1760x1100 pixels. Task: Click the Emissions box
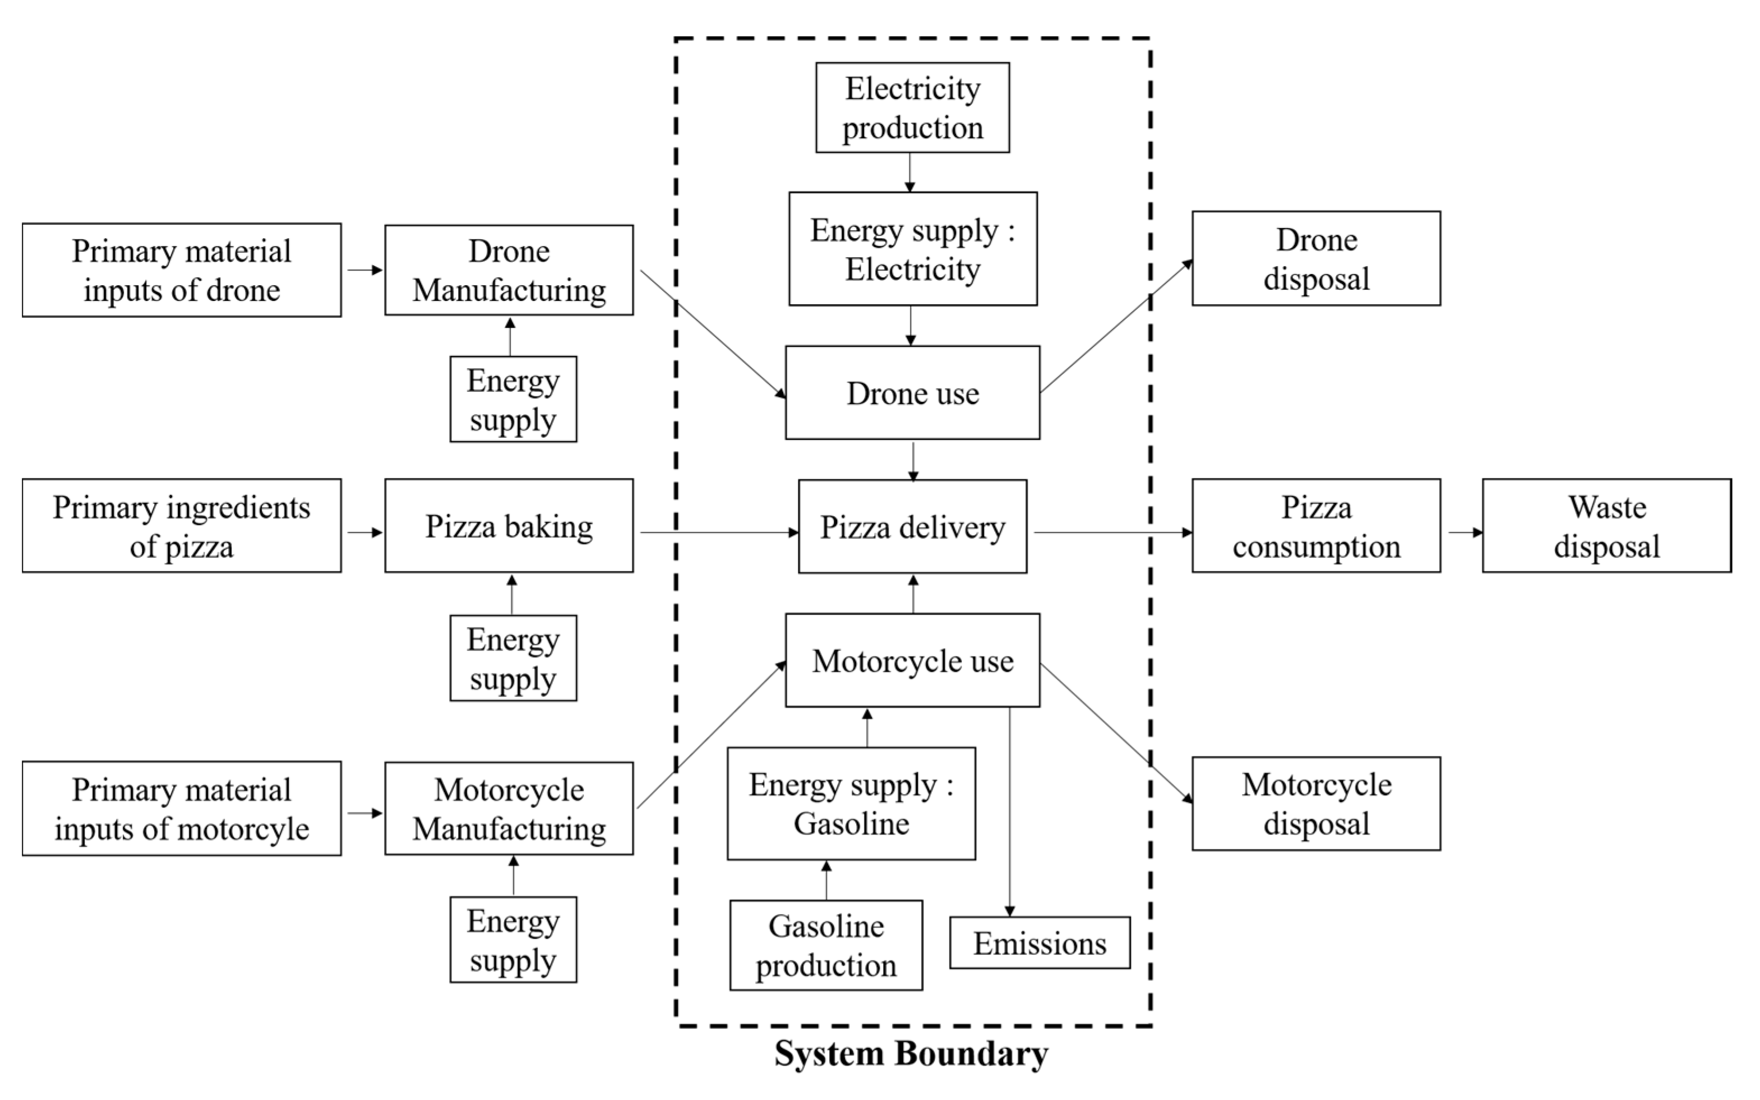1039,943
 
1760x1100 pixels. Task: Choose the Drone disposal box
1315,259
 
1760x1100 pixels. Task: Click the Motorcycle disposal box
1315,804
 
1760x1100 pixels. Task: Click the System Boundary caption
911,1053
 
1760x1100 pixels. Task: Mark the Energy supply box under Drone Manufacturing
512,400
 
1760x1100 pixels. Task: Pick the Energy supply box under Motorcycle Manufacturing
512,940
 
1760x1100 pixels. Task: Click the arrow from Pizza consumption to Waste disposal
1463,532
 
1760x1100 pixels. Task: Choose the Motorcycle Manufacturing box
508,808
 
